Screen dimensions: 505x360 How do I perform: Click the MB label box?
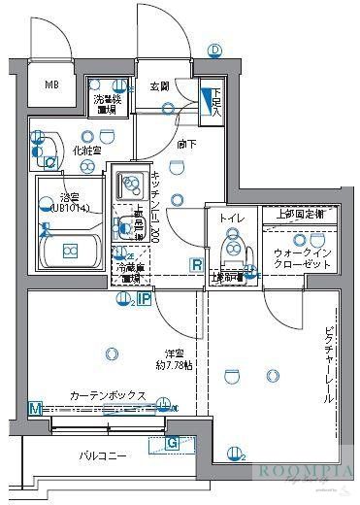tap(51, 84)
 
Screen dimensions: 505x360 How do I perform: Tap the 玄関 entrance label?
tap(159, 87)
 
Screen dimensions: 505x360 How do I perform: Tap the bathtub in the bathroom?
tap(70, 252)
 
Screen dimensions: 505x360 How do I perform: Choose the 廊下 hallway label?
tap(187, 145)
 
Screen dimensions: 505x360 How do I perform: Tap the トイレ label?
tap(231, 219)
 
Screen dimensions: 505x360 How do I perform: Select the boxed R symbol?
tap(196, 265)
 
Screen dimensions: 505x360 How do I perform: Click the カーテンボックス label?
tap(107, 396)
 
